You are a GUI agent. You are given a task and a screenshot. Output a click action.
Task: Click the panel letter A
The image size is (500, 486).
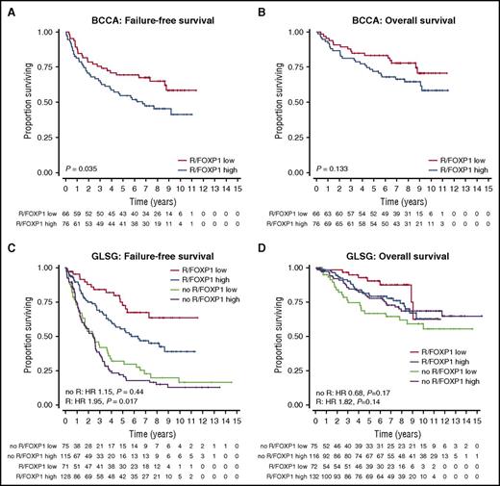pyautogui.click(x=8, y=8)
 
